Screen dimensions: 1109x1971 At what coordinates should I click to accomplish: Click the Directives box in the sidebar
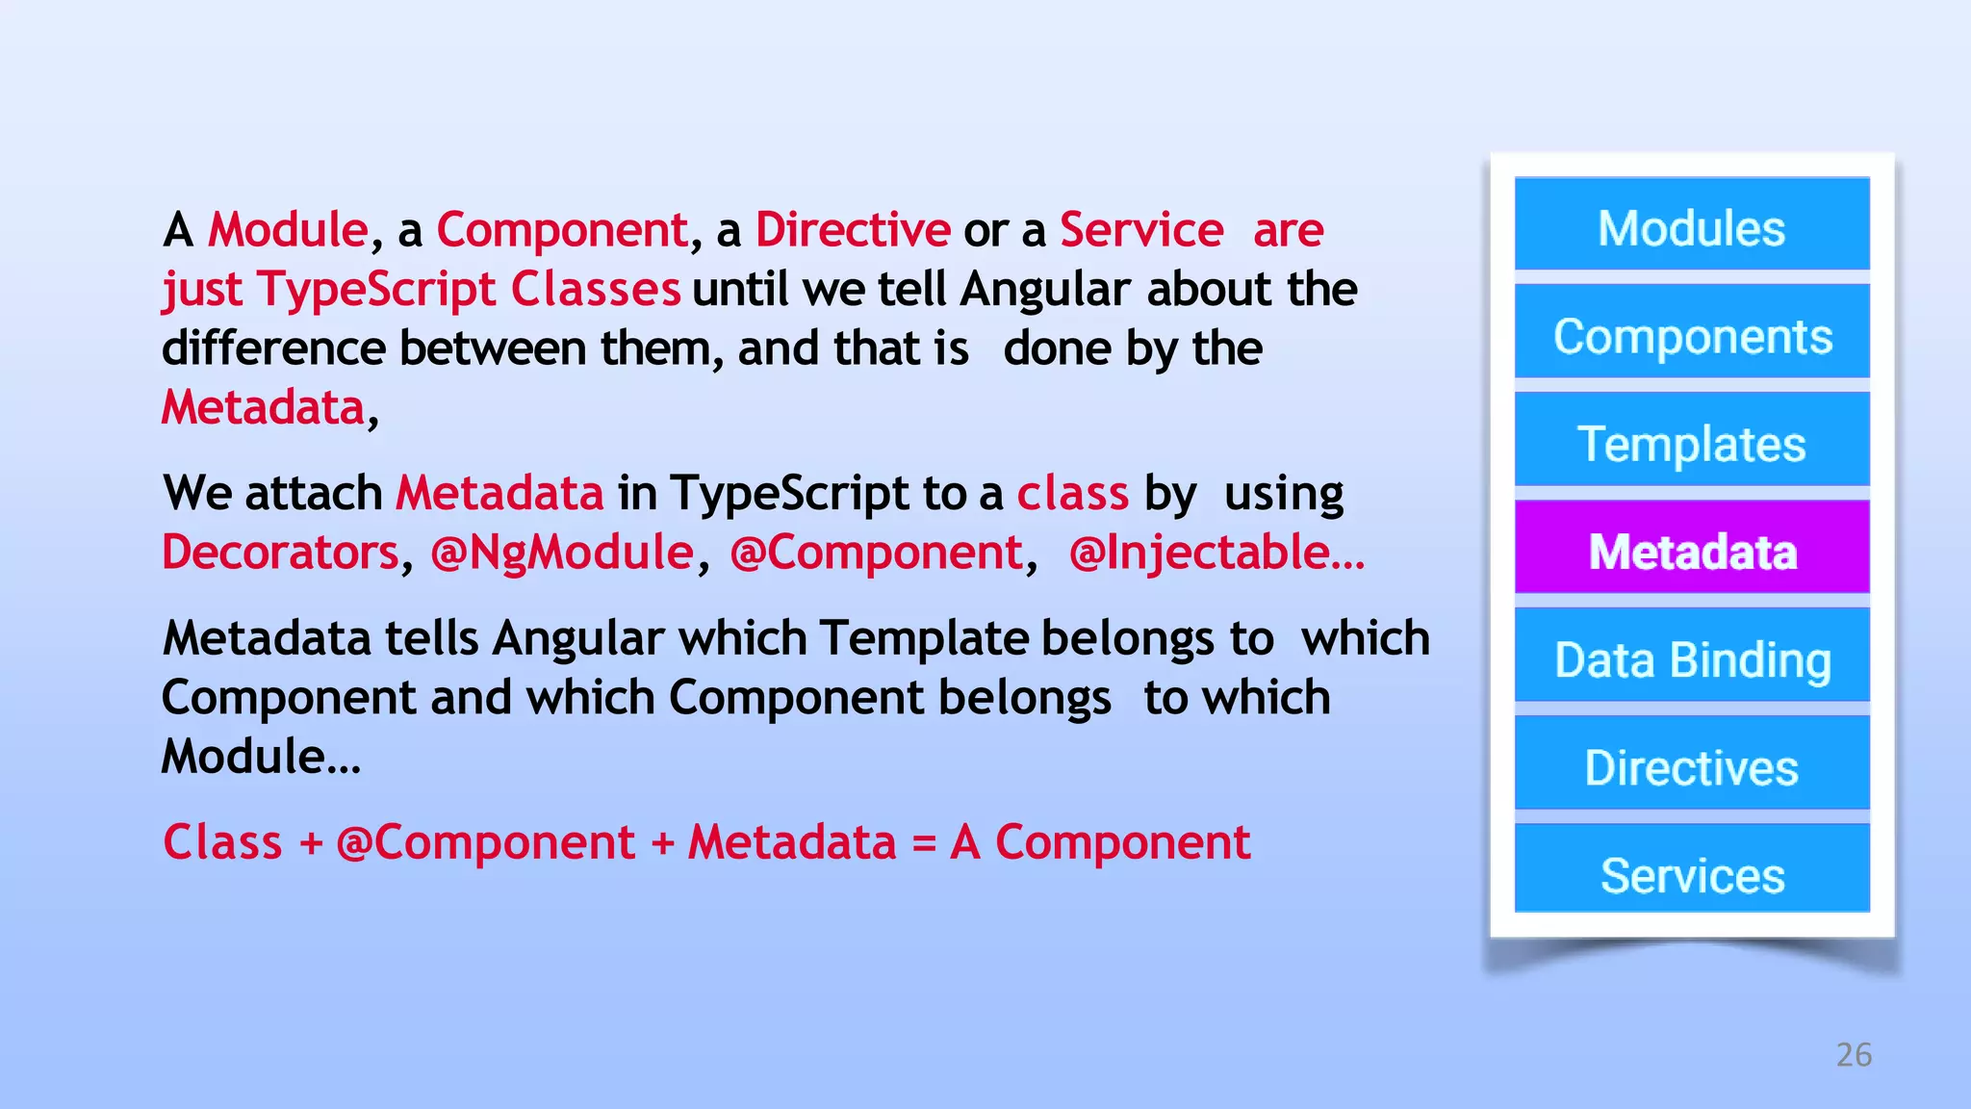click(1691, 763)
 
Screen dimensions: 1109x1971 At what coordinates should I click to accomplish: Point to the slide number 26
click(1854, 1054)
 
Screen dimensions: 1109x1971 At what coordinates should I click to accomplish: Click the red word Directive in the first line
click(853, 230)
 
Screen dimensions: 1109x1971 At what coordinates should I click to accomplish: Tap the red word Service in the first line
click(1141, 230)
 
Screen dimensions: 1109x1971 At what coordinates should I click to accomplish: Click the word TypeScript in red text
click(376, 290)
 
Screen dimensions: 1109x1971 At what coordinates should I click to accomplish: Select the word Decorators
click(280, 553)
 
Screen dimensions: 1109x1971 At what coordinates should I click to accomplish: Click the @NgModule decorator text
click(562, 553)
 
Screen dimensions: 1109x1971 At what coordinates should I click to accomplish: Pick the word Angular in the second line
click(1044, 290)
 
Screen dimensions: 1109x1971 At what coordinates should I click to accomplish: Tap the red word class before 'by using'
click(1072, 494)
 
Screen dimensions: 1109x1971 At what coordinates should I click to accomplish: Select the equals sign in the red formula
click(923, 843)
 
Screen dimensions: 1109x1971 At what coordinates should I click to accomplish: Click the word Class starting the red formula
click(222, 843)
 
